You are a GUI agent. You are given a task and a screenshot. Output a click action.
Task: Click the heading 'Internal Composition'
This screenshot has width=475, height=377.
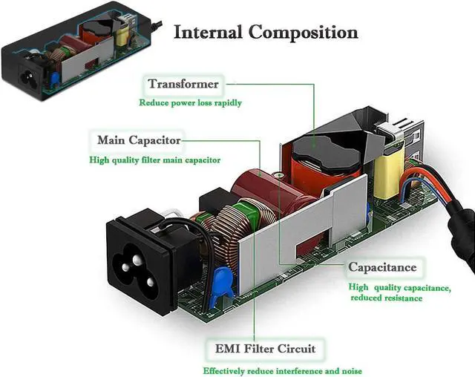click(x=265, y=33)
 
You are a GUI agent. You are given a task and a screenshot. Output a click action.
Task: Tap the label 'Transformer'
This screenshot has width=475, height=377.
click(x=183, y=85)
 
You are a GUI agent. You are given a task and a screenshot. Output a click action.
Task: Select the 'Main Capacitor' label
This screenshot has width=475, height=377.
click(x=139, y=140)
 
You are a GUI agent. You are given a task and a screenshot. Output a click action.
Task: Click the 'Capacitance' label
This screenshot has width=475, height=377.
click(x=383, y=267)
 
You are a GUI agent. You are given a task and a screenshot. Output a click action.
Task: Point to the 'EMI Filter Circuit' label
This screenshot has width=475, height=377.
click(x=265, y=348)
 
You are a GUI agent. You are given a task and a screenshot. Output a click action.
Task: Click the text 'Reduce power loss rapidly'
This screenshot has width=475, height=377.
click(x=191, y=102)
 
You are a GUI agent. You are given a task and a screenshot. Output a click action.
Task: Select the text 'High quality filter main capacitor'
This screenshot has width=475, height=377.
click(x=155, y=160)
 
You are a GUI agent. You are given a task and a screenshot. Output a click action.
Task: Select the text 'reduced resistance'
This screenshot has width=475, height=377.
click(x=387, y=298)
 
